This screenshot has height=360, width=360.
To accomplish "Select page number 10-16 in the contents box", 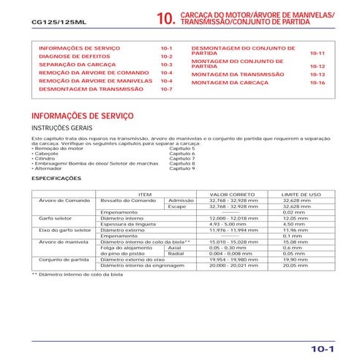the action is tap(316, 83).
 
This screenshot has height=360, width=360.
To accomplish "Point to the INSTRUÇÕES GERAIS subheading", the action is tap(61, 127).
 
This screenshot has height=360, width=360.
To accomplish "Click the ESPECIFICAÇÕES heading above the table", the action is tap(57, 178).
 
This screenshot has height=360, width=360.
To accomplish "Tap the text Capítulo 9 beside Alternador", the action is tap(182, 168).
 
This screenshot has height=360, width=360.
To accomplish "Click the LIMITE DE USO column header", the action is tap(301, 194).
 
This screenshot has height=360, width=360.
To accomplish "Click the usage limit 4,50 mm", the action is tap(293, 224).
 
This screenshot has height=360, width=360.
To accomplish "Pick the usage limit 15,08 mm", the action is tap(295, 241).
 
